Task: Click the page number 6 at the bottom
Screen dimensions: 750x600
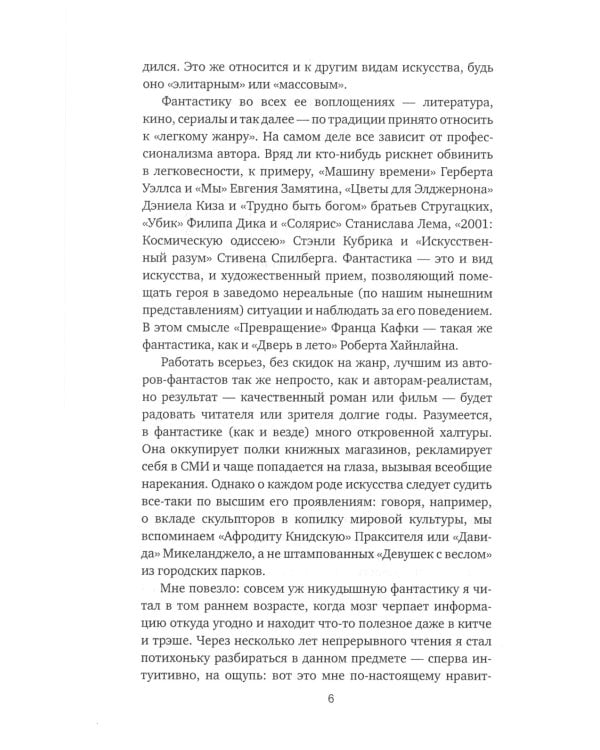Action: (x=300, y=697)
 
